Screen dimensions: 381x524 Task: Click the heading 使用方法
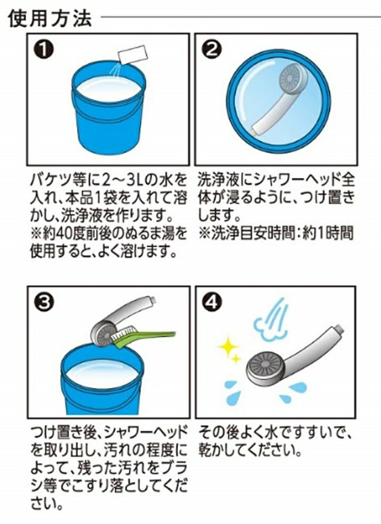50,19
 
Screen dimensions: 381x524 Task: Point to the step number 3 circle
43,302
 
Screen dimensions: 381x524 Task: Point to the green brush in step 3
144,336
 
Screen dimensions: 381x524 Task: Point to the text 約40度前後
75,234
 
